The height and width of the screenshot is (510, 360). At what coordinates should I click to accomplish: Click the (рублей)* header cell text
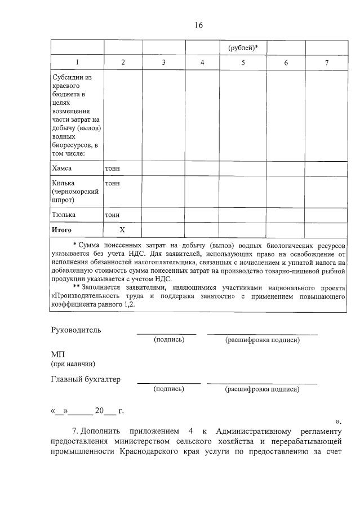(x=243, y=48)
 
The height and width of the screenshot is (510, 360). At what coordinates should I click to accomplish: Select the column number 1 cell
(x=77, y=63)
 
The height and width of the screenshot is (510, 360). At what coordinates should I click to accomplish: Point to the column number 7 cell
(x=327, y=63)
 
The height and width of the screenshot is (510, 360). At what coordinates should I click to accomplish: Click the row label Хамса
(x=62, y=168)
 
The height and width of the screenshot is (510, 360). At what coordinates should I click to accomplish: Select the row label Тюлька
(x=64, y=215)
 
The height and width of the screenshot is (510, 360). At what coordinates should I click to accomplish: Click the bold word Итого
(x=62, y=230)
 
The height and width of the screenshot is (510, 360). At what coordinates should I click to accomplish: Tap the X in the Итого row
(x=122, y=230)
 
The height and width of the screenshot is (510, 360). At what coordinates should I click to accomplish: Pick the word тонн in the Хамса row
(x=112, y=168)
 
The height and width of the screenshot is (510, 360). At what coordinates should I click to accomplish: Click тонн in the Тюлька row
(x=112, y=215)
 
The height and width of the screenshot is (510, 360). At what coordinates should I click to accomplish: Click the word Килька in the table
(x=63, y=183)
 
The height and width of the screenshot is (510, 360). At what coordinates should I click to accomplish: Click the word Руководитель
(x=76, y=330)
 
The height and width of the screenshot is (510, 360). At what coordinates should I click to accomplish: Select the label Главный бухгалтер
(x=86, y=379)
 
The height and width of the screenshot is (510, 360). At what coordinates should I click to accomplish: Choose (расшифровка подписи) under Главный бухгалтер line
(x=262, y=389)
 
